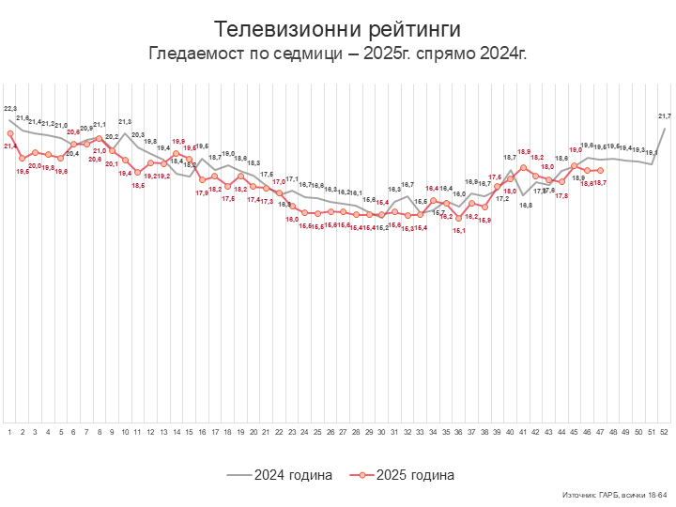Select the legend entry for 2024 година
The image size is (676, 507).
click(280, 475)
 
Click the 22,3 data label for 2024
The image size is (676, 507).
click(10, 109)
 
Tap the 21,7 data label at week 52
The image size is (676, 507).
click(665, 115)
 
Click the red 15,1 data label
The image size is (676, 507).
click(459, 230)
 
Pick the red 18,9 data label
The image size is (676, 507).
click(524, 152)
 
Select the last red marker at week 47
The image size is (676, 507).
click(600, 170)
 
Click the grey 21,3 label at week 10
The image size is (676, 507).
click(125, 122)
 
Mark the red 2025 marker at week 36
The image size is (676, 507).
click(459, 208)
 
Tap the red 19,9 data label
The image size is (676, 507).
click(178, 142)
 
